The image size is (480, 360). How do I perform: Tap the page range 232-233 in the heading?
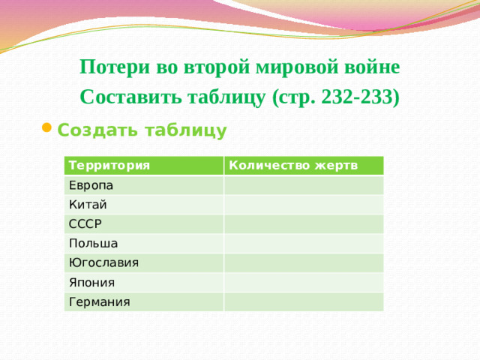[357, 97]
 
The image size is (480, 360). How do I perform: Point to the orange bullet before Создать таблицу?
[46, 129]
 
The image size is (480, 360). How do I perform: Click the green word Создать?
[94, 130]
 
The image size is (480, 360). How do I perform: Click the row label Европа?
[91, 184]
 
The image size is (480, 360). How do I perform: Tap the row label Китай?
[88, 204]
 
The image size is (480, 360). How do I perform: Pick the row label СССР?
[85, 223]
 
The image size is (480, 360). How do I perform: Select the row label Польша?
[92, 243]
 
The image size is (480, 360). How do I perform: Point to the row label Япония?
[91, 282]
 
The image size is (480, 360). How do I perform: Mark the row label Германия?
[99, 301]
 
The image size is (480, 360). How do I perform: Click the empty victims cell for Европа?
[304, 184]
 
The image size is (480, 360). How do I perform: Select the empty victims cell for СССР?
[304, 223]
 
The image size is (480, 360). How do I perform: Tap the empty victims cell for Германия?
[304, 301]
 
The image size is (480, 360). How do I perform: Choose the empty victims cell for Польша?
[304, 243]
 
